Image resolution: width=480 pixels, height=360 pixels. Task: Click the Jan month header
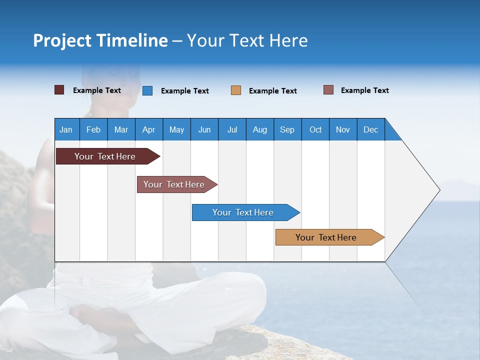pos(66,129)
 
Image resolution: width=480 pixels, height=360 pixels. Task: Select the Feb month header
pos(93,129)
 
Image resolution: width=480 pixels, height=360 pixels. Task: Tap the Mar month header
pos(121,129)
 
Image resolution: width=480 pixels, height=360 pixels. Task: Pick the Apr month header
pos(149,129)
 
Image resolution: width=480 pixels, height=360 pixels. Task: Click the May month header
pos(176,129)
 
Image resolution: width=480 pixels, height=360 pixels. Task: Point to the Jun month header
pos(204,129)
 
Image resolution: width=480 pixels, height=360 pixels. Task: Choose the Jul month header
pos(232,129)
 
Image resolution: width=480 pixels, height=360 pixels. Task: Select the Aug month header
pos(260,129)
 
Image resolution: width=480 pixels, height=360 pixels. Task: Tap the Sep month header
pos(287,129)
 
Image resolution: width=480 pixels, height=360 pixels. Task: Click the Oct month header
pos(315,129)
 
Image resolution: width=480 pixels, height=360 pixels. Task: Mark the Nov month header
pos(343,129)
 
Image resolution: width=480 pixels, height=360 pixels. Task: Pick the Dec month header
pos(371,129)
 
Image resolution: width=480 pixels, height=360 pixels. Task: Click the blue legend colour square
pos(147,90)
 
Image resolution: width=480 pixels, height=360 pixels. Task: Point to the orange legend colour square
pos(236,90)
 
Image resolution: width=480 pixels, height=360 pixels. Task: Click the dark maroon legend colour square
pos(59,90)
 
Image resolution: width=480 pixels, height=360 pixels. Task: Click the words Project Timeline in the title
pos(100,40)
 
